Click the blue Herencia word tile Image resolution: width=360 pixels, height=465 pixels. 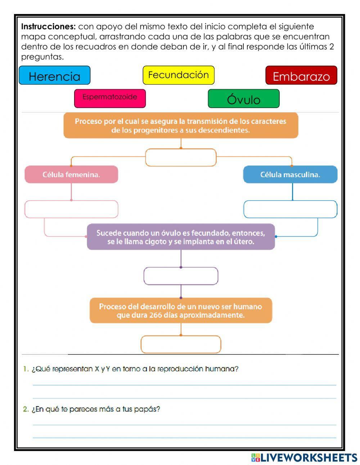point(54,76)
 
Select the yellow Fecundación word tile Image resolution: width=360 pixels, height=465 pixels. point(179,75)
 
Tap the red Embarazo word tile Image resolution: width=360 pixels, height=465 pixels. point(301,76)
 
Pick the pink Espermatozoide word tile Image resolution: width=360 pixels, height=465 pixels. point(110,98)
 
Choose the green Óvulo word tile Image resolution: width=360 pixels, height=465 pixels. point(244,99)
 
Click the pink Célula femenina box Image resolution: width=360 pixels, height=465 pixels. point(71,175)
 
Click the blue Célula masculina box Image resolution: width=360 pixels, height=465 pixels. point(290,175)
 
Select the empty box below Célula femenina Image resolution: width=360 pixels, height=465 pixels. point(71,209)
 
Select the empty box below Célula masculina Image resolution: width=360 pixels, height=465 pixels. point(290,209)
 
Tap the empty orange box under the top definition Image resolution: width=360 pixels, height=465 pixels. point(181,158)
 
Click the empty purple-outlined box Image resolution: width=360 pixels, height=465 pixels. point(181,276)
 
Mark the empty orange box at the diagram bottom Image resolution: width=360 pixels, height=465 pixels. point(181,344)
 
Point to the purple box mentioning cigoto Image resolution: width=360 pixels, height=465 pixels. point(181,237)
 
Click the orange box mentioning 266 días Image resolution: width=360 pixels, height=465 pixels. point(181,310)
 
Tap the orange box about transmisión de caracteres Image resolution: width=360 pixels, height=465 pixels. point(181,125)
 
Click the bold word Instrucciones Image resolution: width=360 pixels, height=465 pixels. point(48,27)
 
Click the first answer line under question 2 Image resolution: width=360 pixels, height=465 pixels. point(184,425)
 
